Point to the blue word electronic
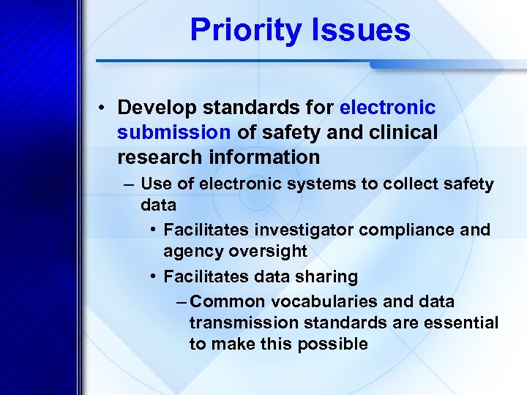(388, 108)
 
